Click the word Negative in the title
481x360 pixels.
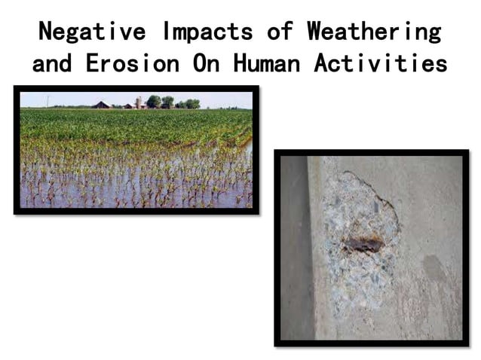(93, 32)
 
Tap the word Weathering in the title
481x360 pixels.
(373, 32)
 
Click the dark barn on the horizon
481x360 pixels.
(100, 105)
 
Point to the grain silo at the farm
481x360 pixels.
(138, 102)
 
